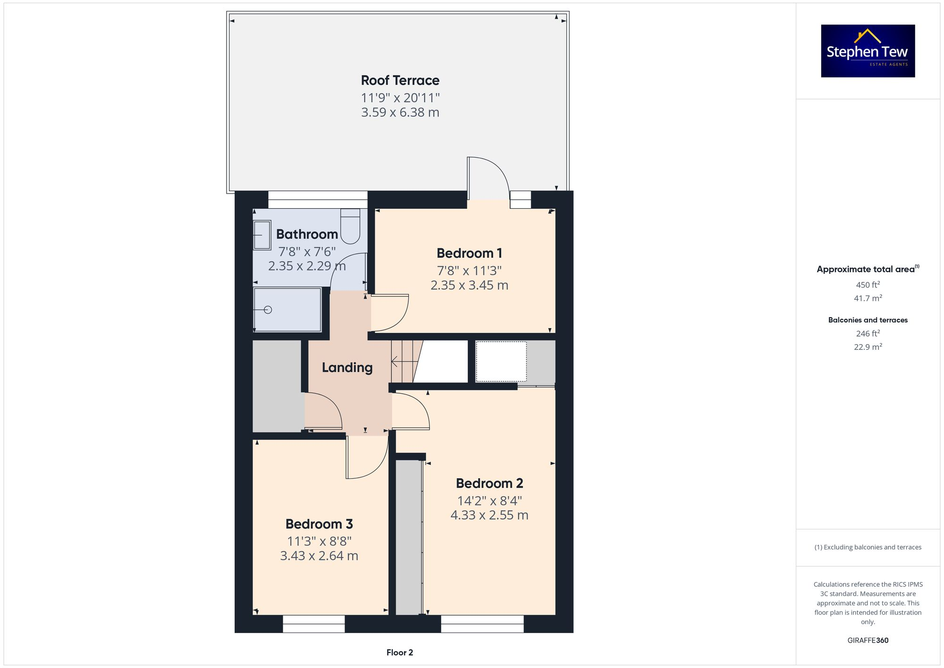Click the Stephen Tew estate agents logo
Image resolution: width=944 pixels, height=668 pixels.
pyautogui.click(x=868, y=51)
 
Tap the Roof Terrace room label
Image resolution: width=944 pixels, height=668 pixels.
pyautogui.click(x=400, y=80)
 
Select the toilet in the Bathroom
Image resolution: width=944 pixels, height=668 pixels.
pyautogui.click(x=350, y=226)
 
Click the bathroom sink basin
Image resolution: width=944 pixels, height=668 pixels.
pyautogui.click(x=262, y=235)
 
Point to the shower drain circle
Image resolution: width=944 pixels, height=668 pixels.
pyautogui.click(x=268, y=310)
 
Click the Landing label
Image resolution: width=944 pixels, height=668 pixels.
pyautogui.click(x=347, y=367)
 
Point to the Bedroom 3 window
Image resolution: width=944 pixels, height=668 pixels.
pyautogui.click(x=314, y=624)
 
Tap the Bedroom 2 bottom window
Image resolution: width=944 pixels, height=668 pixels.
pyautogui.click(x=482, y=624)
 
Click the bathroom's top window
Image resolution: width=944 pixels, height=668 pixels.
pyautogui.click(x=318, y=200)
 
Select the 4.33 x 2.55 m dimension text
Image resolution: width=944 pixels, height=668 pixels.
pyautogui.click(x=489, y=515)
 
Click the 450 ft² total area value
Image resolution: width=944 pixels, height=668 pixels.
pyautogui.click(x=868, y=285)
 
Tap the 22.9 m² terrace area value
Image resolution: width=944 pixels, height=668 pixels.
pyautogui.click(x=868, y=347)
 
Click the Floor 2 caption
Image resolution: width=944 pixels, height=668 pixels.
pyautogui.click(x=399, y=652)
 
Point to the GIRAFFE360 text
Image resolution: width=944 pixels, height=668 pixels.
pyautogui.click(x=868, y=641)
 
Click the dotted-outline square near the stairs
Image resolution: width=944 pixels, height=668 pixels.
pyautogui.click(x=501, y=362)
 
